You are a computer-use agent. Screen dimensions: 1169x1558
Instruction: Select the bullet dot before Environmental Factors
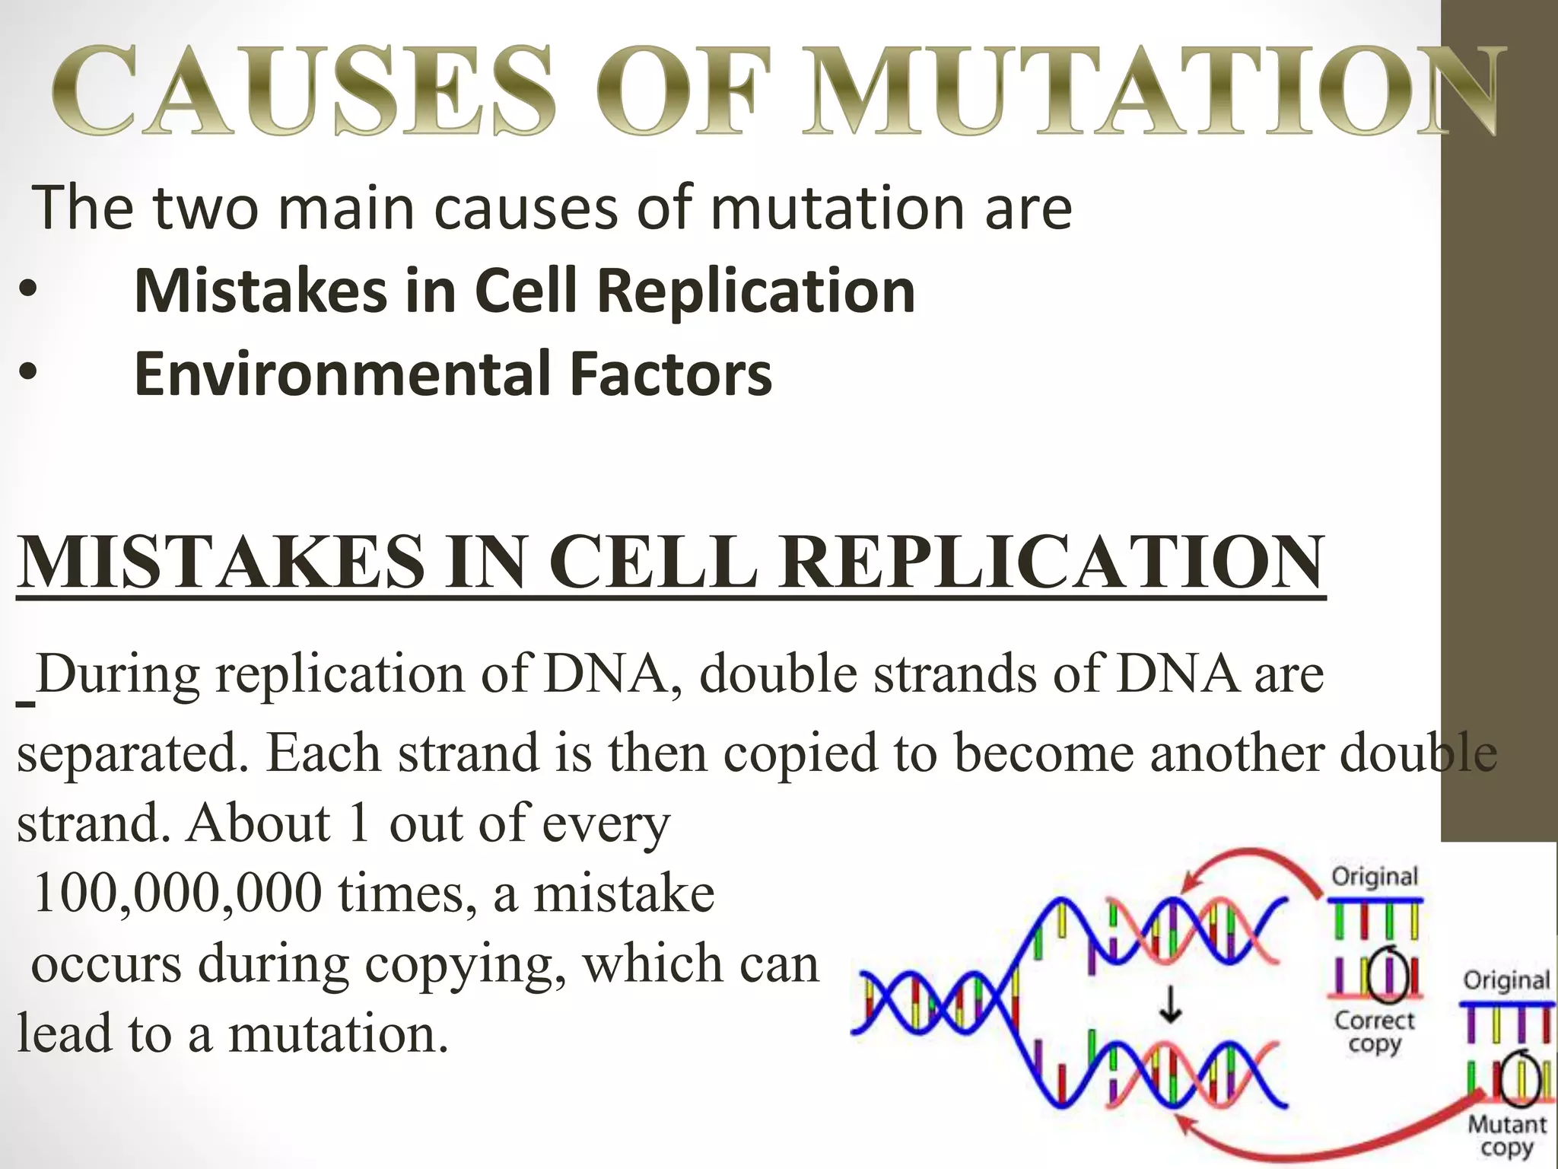click(x=28, y=374)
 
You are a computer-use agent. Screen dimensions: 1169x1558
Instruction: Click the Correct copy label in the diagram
click(x=1374, y=1031)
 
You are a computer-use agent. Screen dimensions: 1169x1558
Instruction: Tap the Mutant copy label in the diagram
click(x=1506, y=1135)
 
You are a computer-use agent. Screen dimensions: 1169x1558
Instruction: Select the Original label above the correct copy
click(x=1375, y=877)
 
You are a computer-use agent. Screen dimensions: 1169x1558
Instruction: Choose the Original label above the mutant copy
click(x=1506, y=979)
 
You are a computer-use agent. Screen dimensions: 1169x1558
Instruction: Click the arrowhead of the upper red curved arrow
click(x=1183, y=884)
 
